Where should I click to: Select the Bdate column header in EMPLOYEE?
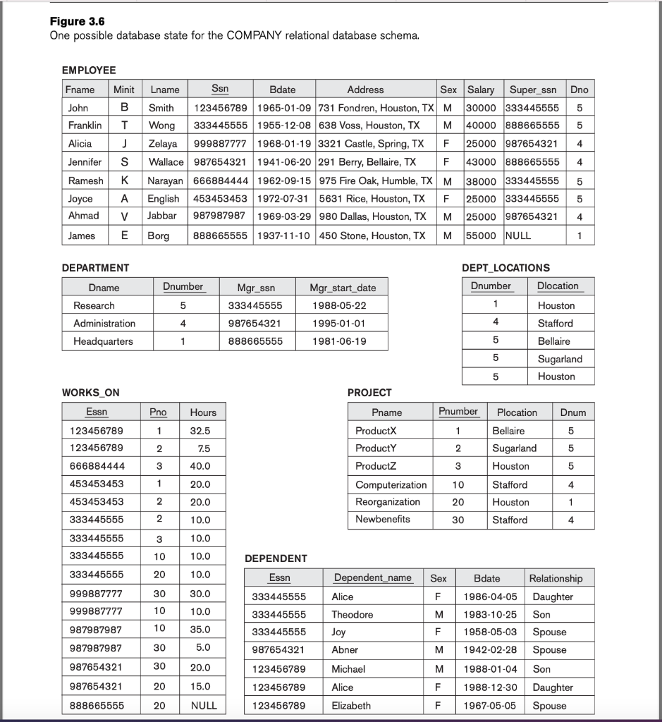pyautogui.click(x=283, y=90)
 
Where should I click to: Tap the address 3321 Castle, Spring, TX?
pyautogui.click(x=371, y=144)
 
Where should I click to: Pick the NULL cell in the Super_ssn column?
pyautogui.click(x=518, y=235)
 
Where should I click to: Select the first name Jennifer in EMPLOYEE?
pyautogui.click(x=85, y=162)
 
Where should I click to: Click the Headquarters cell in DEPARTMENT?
pyautogui.click(x=103, y=341)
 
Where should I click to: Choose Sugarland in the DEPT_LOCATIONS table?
pyautogui.click(x=560, y=359)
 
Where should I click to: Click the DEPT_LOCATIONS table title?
pyautogui.click(x=505, y=268)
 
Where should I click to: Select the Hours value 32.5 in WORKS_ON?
pyautogui.click(x=200, y=431)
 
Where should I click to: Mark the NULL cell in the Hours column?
pyautogui.click(x=204, y=705)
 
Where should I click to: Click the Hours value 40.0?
pyautogui.click(x=200, y=466)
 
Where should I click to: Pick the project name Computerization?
pyautogui.click(x=391, y=484)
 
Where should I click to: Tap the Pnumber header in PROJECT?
pyautogui.click(x=458, y=412)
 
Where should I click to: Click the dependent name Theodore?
pyautogui.click(x=352, y=614)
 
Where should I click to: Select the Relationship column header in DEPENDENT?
pyautogui.click(x=556, y=578)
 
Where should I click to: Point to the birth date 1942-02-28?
pyautogui.click(x=490, y=650)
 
